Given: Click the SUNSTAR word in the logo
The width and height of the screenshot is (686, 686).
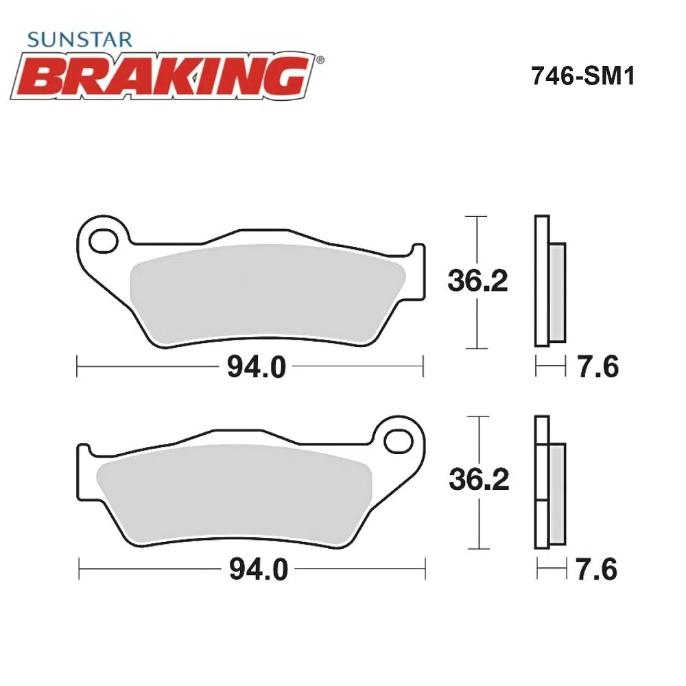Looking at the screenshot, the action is [x=80, y=40].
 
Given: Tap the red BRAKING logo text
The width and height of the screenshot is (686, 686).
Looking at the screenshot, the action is [x=163, y=76].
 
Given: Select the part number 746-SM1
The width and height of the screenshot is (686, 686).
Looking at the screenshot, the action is [x=582, y=76].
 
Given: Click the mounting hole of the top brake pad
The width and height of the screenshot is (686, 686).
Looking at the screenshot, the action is [x=104, y=241].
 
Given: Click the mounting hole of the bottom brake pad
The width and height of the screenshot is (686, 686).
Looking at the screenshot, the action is [x=398, y=441].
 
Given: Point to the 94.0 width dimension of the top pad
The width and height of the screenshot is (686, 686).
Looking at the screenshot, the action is [x=257, y=366].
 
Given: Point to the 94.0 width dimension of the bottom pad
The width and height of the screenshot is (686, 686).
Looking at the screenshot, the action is [x=259, y=569].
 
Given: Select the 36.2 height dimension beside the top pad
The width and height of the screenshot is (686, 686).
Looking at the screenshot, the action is [x=477, y=281].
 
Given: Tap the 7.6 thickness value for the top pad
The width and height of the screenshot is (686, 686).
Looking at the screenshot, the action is [x=598, y=366].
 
